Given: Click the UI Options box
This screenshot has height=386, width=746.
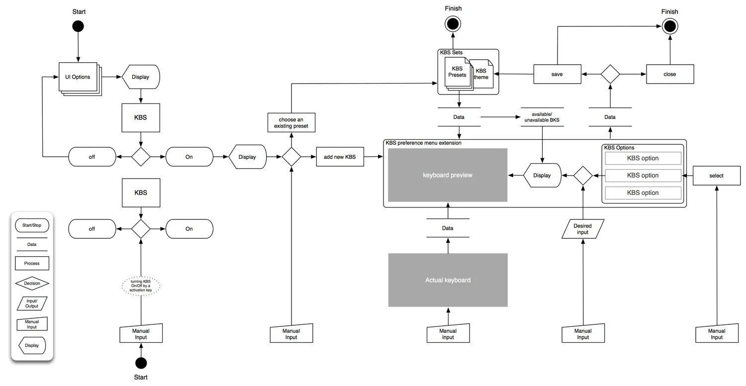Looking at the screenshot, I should tap(78, 77).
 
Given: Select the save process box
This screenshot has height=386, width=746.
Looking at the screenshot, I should tap(557, 74).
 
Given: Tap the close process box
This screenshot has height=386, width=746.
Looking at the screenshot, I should tap(669, 74).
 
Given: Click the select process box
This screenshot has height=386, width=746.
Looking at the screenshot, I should tap(716, 176).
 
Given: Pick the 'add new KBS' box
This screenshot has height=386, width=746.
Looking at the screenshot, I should tap(340, 157).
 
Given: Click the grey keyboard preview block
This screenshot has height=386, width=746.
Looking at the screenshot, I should tap(448, 175).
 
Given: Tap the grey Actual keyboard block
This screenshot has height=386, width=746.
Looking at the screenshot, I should tap(448, 280).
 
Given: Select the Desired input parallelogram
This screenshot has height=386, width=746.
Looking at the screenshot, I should tap(582, 229).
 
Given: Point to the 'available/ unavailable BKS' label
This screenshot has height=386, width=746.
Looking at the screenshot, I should tap(542, 117).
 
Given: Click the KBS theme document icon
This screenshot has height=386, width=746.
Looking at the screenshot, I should tap(481, 74).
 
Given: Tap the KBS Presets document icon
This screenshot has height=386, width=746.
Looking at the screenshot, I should tap(457, 72).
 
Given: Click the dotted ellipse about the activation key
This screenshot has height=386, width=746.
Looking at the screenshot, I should tap(141, 287).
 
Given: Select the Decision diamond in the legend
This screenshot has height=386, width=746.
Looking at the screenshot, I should tap(32, 284).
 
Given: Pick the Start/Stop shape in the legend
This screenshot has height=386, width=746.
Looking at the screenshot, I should tap(32, 226).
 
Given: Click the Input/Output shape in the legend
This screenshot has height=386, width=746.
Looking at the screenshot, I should tap(32, 303).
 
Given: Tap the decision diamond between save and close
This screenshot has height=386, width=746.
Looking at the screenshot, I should tap(610, 74).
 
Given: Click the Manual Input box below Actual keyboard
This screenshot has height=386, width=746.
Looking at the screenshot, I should tap(448, 334).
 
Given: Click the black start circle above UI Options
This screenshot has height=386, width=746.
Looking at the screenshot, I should tap(78, 26).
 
